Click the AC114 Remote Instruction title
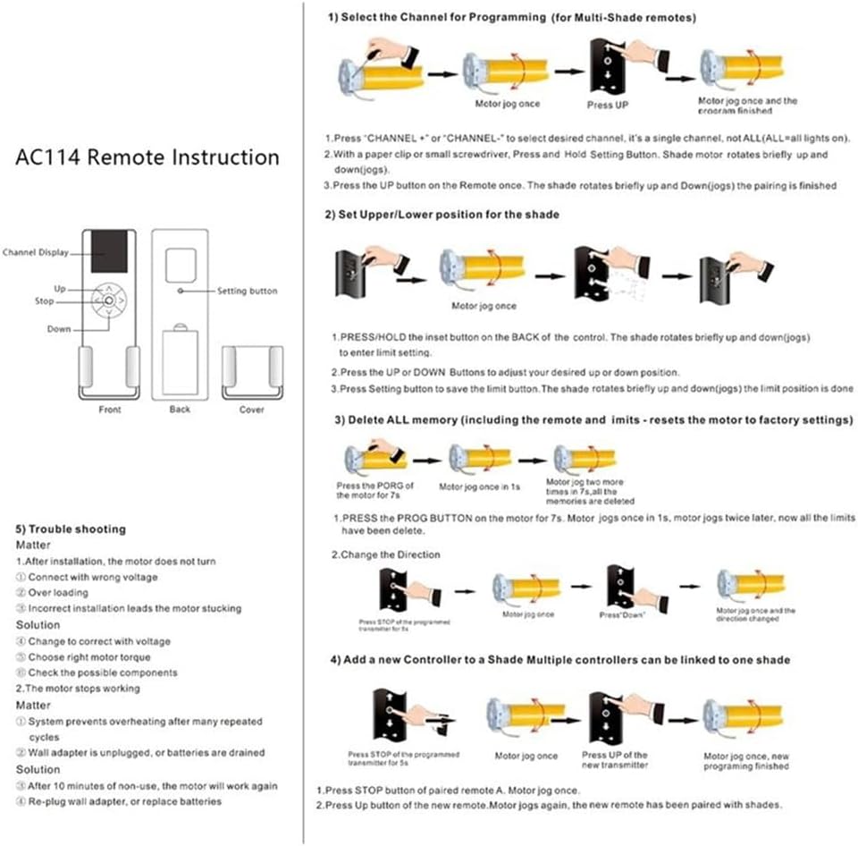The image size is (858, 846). (x=147, y=158)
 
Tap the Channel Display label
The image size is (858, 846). (x=36, y=253)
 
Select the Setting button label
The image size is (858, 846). (x=248, y=291)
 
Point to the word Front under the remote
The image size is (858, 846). (x=109, y=410)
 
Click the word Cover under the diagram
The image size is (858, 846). (x=252, y=410)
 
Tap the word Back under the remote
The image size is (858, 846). (x=180, y=410)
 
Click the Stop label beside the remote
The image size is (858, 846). (x=45, y=302)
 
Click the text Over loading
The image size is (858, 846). (x=58, y=593)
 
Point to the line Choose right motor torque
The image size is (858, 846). (x=89, y=657)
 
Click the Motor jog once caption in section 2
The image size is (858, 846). (x=484, y=306)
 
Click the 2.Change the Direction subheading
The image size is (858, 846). (x=386, y=554)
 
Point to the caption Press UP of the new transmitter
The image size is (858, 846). (x=615, y=760)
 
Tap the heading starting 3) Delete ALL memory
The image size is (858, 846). (x=593, y=419)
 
